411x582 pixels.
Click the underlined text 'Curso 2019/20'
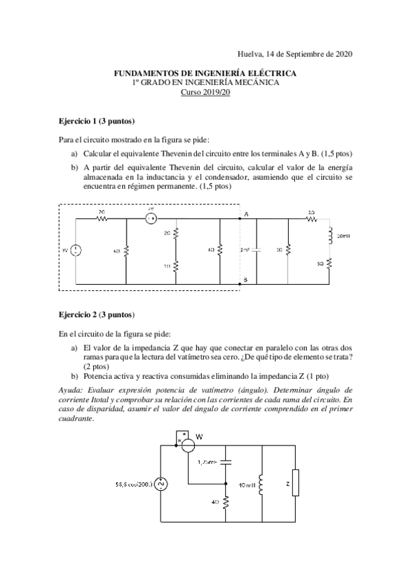point(205,91)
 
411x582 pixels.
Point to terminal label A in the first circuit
point(245,215)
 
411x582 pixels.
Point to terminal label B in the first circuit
point(245,279)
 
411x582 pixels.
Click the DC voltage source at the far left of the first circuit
point(75,250)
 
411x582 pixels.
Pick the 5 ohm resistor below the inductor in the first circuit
point(330,263)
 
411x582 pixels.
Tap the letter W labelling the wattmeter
point(200,436)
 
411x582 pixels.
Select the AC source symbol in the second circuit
point(162,485)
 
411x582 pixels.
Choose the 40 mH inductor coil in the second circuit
point(262,484)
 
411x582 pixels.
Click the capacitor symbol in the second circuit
point(226,462)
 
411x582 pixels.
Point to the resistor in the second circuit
point(226,503)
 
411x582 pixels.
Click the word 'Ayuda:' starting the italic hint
point(74,390)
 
